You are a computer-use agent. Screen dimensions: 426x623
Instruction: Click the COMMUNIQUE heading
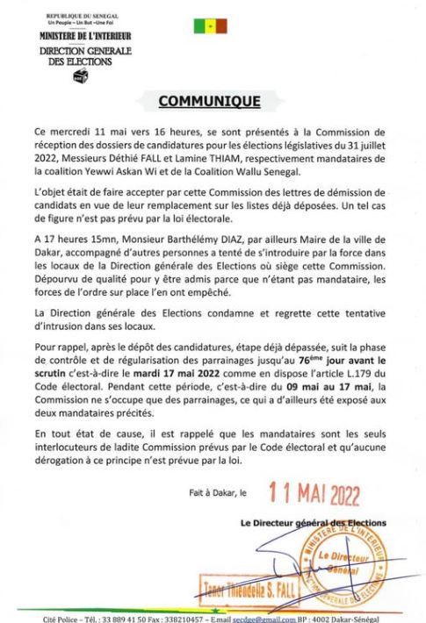(x=208, y=101)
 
